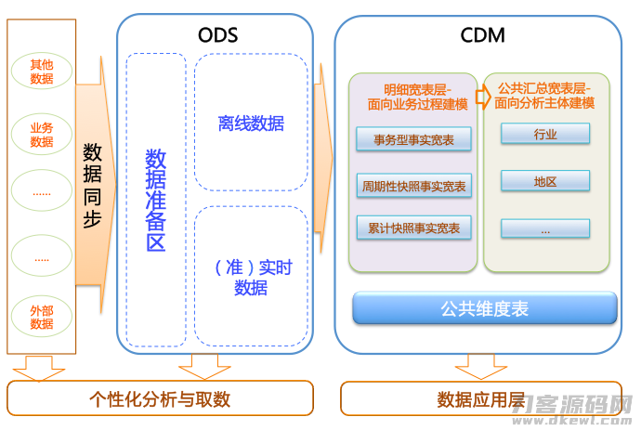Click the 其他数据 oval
(x=42, y=72)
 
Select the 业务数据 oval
(x=42, y=134)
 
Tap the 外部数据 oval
(x=42, y=317)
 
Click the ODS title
(x=218, y=35)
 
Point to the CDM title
(x=482, y=35)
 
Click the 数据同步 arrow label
(x=92, y=185)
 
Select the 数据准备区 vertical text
(x=156, y=201)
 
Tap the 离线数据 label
(x=251, y=124)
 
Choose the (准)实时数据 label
(x=252, y=278)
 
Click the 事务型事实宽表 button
(x=413, y=139)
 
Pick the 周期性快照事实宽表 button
(x=413, y=186)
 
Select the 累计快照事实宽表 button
(x=413, y=228)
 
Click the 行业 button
(x=545, y=134)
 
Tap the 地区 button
(x=545, y=181)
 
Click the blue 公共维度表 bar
(x=485, y=308)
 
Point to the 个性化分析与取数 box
(x=160, y=398)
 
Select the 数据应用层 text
(x=481, y=399)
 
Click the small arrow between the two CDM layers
(x=483, y=97)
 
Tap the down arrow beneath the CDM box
(x=481, y=367)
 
